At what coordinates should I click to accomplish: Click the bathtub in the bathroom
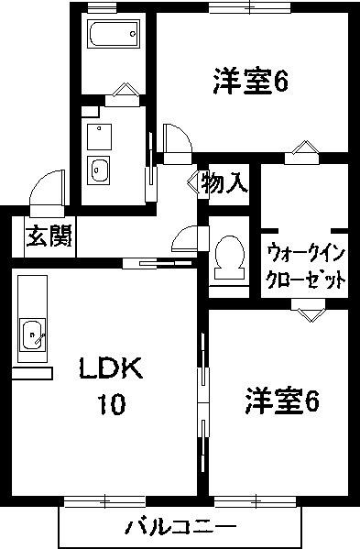click(115, 34)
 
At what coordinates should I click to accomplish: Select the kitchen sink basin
click(32, 334)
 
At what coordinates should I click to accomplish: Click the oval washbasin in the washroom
click(98, 170)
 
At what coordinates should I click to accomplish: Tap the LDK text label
click(111, 368)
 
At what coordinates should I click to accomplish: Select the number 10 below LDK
click(112, 404)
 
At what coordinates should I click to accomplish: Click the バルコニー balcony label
click(181, 527)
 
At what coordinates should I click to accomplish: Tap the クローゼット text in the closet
click(306, 280)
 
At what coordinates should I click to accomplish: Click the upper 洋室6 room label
click(251, 82)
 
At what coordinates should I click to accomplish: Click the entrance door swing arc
click(41, 184)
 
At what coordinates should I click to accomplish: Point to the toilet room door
click(190, 238)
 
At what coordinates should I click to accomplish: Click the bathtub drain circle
click(133, 34)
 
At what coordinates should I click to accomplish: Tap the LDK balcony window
click(104, 501)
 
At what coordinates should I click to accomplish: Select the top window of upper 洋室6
click(250, 7)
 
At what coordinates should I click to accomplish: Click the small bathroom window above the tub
click(97, 7)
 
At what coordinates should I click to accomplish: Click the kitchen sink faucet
click(40, 338)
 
